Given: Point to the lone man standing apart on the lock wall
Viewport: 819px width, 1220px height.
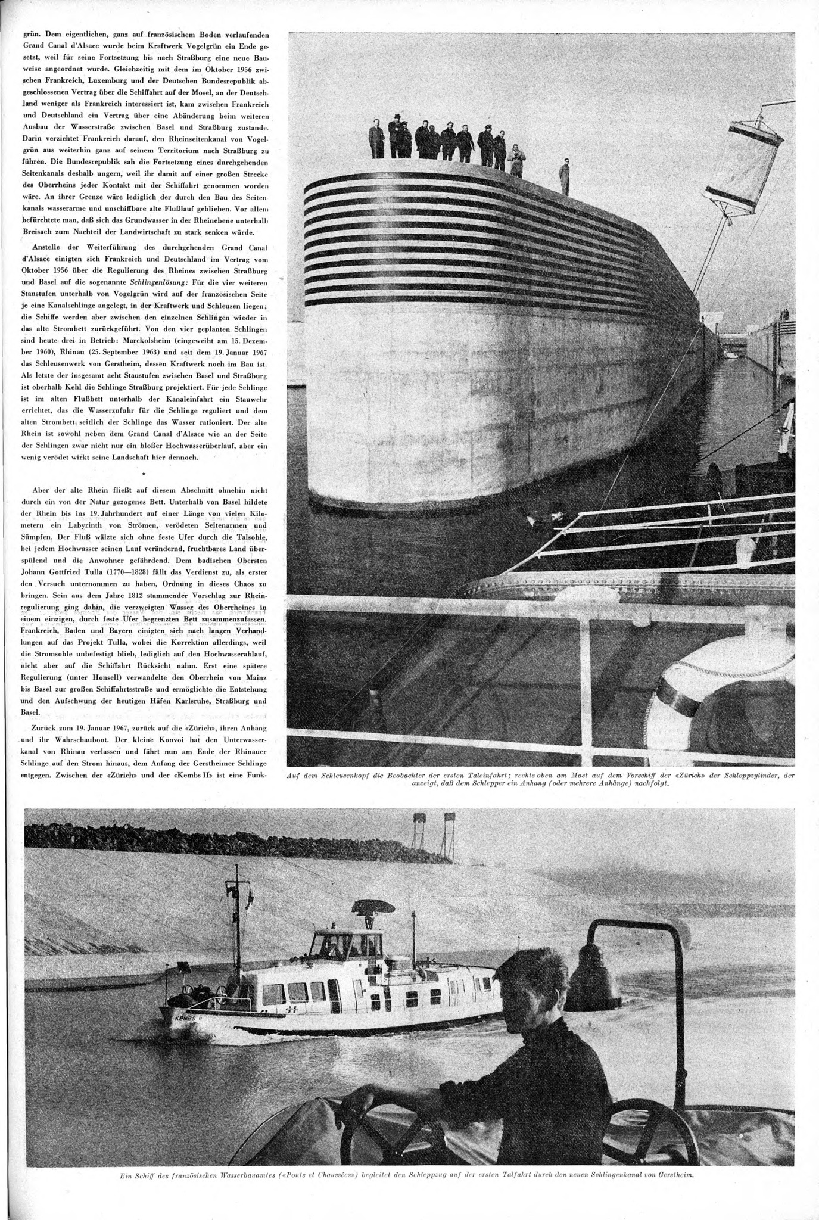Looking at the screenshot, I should click(x=564, y=177).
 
